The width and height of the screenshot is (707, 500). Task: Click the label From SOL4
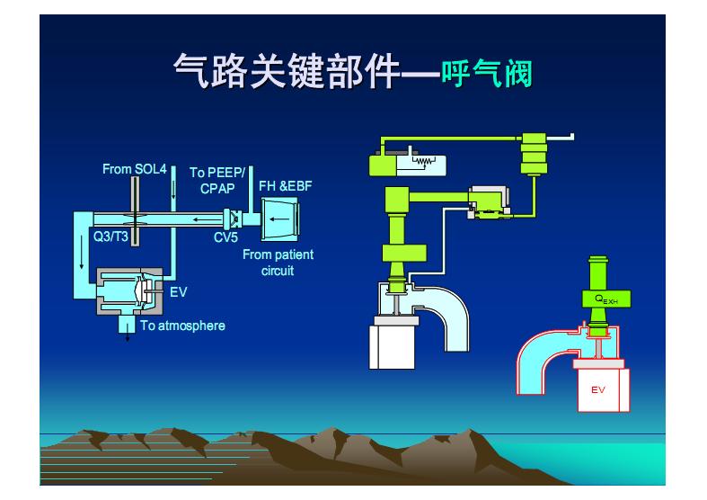coord(134,169)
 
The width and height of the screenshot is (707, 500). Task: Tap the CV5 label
coord(225,238)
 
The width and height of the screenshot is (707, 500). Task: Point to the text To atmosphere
coord(182,326)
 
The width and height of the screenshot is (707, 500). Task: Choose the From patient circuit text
coord(278,263)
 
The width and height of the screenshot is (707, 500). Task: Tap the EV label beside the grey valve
coord(178,291)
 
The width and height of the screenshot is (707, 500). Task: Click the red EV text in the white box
coord(598,389)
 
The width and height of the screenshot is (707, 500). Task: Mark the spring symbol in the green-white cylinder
coord(422,162)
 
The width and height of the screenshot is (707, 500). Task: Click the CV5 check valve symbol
coord(234,219)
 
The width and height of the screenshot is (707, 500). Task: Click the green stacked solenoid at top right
coord(534,154)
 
